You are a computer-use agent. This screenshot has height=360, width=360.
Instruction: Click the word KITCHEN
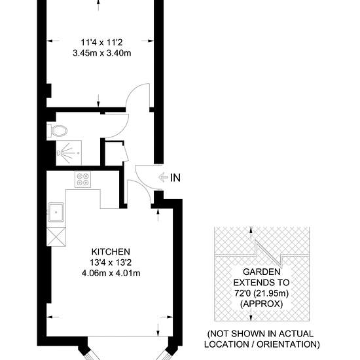[111, 252]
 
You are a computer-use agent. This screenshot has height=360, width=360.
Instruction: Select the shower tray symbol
[69, 153]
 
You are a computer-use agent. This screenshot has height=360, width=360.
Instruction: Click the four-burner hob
[82, 179]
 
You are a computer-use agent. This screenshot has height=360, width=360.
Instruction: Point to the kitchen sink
[56, 212]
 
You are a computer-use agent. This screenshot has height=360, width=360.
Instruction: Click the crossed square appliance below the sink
[56, 237]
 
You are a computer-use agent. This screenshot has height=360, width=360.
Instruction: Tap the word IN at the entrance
[175, 178]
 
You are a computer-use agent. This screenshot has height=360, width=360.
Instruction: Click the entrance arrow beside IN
[163, 177]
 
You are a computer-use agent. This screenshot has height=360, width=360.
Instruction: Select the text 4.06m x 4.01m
[111, 273]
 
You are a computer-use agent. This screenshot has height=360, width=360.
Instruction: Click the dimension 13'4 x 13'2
[111, 262]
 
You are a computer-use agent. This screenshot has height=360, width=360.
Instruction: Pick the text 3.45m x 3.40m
[102, 53]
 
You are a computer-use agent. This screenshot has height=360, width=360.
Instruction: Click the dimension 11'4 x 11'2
[101, 43]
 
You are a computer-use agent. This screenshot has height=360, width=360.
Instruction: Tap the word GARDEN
[262, 272]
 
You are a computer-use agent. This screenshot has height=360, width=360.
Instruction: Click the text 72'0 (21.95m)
[262, 293]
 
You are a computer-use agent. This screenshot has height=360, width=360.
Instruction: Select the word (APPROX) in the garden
[262, 304]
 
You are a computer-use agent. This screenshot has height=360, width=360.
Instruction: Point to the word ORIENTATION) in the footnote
[288, 344]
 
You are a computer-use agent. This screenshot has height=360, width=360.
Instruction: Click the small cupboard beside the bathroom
[115, 153]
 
